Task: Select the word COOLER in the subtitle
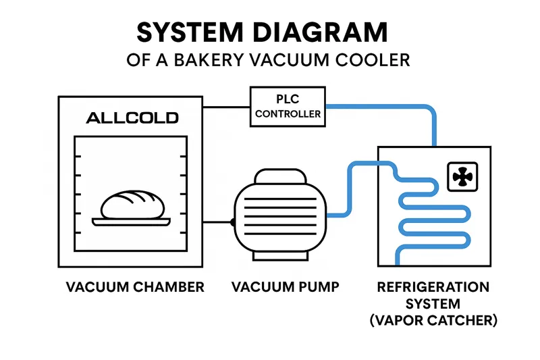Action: pyautogui.click(x=375, y=60)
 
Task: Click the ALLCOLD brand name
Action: pyautogui.click(x=132, y=118)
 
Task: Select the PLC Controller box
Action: pyautogui.click(x=288, y=107)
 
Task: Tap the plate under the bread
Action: pyautogui.click(x=133, y=220)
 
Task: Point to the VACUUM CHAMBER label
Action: pyautogui.click(x=135, y=287)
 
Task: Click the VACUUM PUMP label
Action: pyautogui.click(x=286, y=287)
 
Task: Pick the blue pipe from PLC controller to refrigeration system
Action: pyautogui.click(x=405, y=107)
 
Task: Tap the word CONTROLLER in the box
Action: pyautogui.click(x=288, y=114)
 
